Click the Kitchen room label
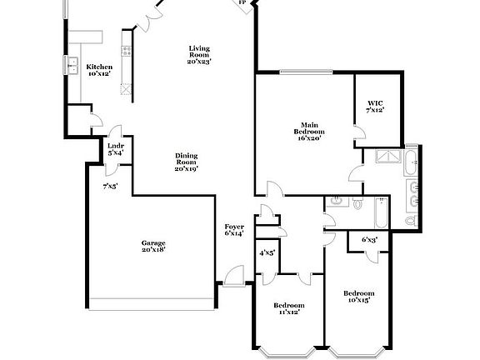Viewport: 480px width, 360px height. tap(99, 69)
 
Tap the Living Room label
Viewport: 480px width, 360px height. tap(198, 54)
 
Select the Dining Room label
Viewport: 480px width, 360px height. tap(186, 162)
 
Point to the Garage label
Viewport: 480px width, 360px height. tap(153, 245)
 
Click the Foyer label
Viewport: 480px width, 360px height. tap(234, 230)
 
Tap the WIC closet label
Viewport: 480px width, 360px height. tap(375, 107)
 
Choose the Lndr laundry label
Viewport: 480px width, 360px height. tap(115, 149)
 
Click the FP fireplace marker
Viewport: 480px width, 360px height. tap(242, 2)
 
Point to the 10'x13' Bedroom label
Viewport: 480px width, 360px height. tap(358, 296)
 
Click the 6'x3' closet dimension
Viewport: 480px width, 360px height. tap(369, 240)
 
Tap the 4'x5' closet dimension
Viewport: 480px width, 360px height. tap(267, 252)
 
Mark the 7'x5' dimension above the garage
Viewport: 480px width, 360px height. tap(110, 187)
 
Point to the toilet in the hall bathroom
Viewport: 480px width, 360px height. tap(357, 202)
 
